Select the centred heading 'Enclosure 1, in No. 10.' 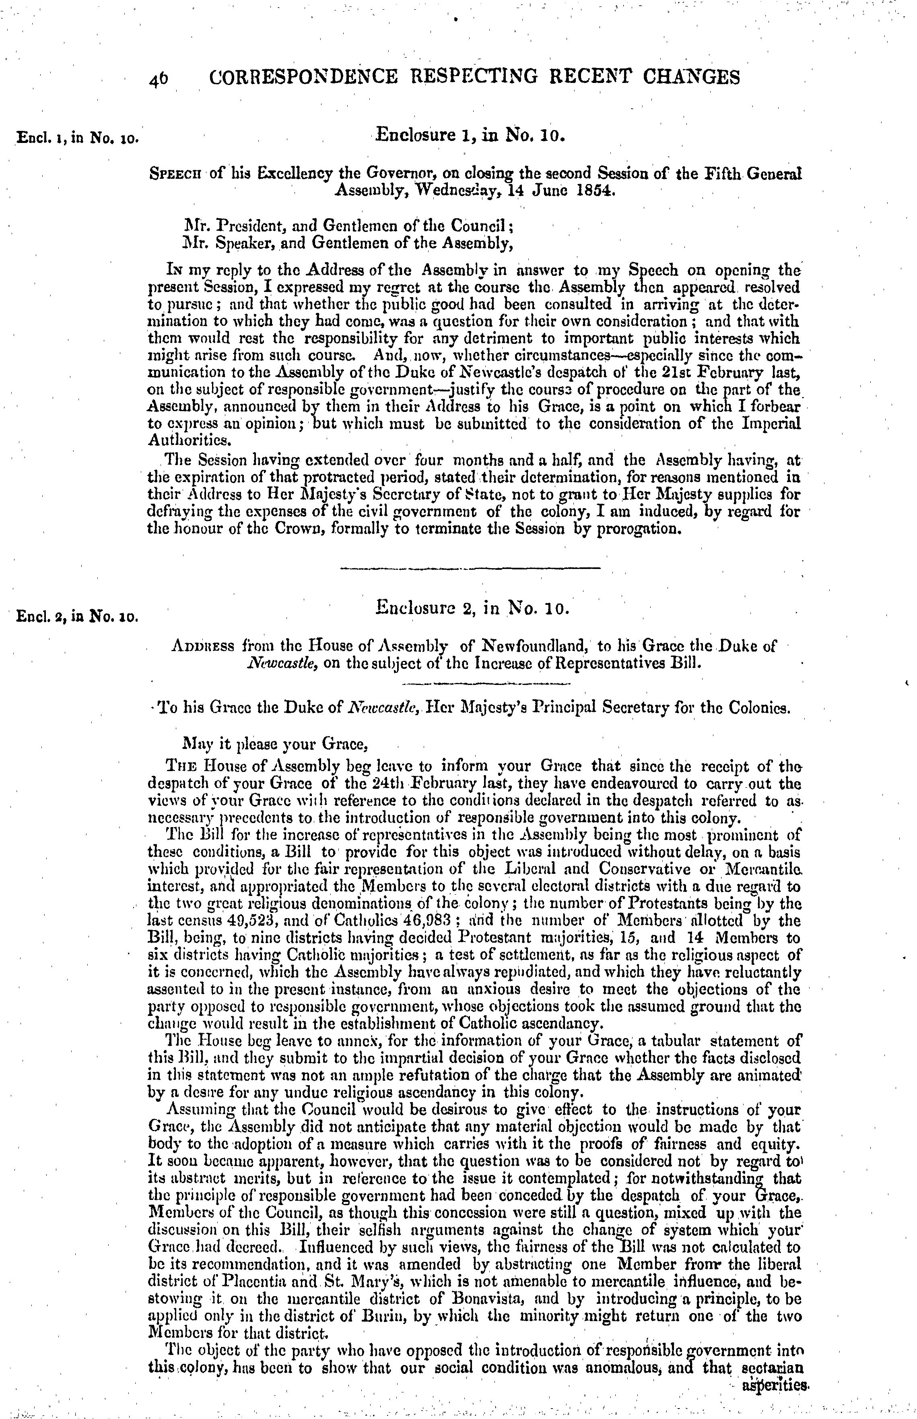point(468,135)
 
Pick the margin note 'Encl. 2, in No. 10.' point(77,616)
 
